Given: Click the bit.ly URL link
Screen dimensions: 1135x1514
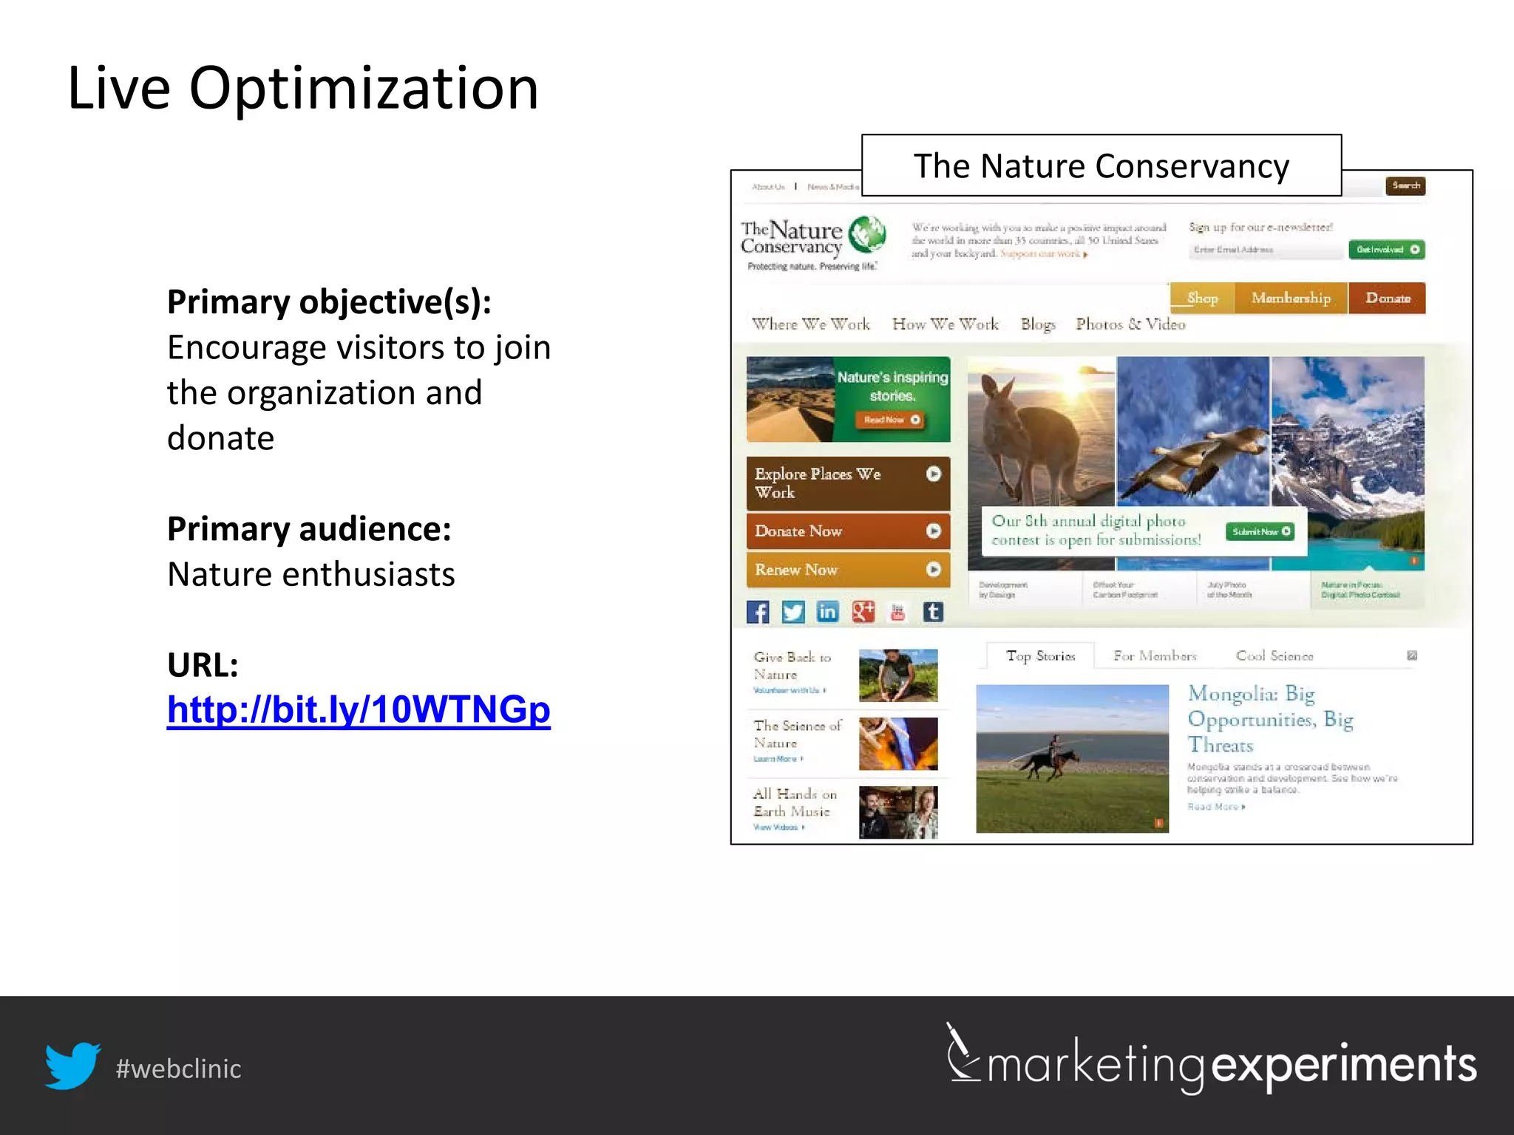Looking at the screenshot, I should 359,709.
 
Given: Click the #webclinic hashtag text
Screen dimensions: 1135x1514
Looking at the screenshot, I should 178,1068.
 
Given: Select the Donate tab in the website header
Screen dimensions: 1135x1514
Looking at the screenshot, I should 1387,298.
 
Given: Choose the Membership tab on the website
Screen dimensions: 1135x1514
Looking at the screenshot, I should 1291,298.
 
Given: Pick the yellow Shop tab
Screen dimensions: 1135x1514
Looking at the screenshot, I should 1202,298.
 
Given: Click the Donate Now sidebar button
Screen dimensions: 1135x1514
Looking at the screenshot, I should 847,531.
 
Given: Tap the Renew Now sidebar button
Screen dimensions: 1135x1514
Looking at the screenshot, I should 847,570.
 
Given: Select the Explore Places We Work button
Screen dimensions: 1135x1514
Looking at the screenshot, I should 847,483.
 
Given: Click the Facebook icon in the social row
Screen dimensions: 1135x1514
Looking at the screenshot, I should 758,612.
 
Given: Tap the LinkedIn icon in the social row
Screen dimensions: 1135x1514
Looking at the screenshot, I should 827,612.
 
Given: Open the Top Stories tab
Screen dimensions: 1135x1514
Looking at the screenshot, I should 1040,656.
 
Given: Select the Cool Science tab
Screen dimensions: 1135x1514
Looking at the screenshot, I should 1274,656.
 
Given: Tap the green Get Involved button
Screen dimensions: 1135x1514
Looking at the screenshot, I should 1386,250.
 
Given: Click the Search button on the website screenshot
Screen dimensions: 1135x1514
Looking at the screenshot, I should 1405,185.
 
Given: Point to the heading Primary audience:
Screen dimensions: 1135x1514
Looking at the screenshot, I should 309,529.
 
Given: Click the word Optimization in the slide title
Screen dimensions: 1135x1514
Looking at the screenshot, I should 364,88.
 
